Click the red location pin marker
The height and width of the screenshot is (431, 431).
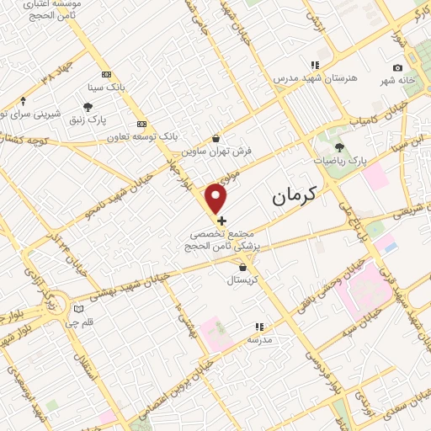tap(217, 199)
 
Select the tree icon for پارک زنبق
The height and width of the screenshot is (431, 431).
tap(88, 107)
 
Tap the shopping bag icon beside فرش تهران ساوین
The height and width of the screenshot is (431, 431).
tap(216, 138)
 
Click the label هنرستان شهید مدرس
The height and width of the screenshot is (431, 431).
tap(315, 77)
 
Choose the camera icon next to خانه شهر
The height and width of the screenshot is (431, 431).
tap(397, 67)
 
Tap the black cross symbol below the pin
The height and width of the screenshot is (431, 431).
tap(221, 220)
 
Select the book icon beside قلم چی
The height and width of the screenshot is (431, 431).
tap(79, 308)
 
